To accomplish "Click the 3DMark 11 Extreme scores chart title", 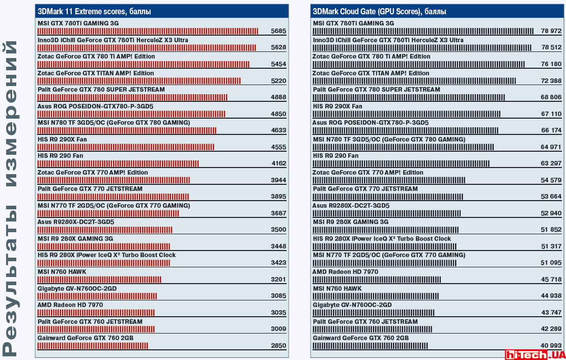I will tap(94, 11).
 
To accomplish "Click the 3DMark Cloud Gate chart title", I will tap(380, 11).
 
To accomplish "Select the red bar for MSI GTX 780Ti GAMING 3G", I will tap(148, 31).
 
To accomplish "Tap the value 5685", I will tap(279, 31).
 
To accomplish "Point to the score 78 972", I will tap(551, 31).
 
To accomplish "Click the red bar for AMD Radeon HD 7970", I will tap(96, 313).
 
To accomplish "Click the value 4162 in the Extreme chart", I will tap(279, 163).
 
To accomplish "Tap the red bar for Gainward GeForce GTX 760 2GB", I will tap(93, 346).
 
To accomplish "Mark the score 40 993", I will tap(551, 346).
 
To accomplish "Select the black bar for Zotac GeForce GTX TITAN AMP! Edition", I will tap(414, 81).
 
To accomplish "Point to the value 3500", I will tap(279, 230).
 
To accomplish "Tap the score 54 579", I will tap(551, 180).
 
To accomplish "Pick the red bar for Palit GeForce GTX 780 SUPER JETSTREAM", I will tap(132, 97).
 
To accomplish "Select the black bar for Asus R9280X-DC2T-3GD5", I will tap(386, 213).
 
